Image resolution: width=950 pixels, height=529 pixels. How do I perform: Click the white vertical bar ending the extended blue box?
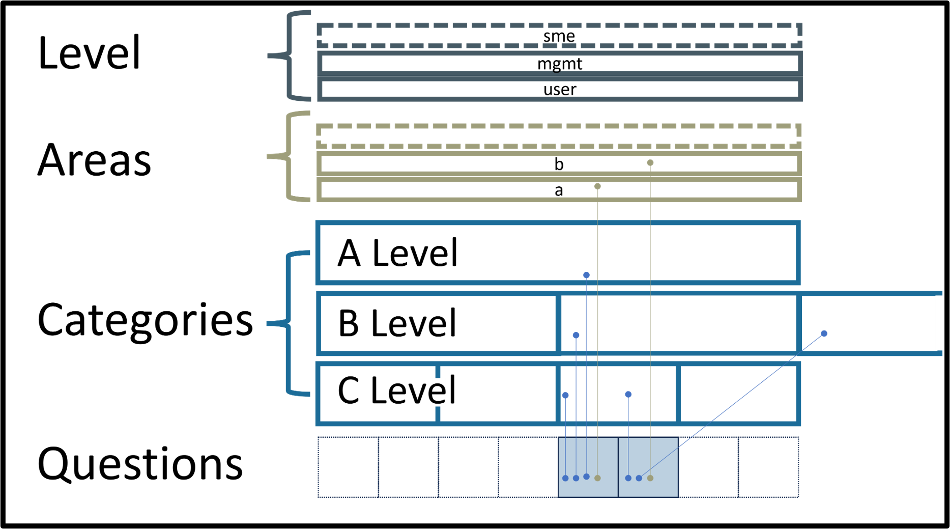coord(939,323)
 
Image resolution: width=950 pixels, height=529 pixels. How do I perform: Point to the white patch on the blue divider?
coord(439,392)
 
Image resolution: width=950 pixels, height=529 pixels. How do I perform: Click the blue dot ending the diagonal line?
coord(824,333)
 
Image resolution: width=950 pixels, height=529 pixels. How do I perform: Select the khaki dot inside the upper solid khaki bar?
coord(650,163)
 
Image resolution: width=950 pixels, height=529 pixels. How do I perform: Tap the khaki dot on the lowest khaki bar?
coord(597,186)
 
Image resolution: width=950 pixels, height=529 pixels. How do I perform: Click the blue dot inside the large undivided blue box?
coord(587,275)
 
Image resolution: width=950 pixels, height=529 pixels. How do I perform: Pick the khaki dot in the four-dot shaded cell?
coord(597,478)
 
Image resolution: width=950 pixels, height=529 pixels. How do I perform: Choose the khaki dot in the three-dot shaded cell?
coord(650,478)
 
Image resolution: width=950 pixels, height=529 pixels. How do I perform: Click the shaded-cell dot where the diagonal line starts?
coord(639,478)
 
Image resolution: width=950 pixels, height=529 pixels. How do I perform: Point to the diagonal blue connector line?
coord(733,405)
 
